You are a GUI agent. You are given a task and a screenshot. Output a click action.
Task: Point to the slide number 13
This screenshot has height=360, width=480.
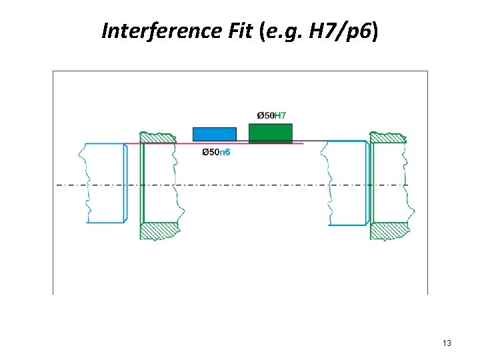pyautogui.click(x=447, y=343)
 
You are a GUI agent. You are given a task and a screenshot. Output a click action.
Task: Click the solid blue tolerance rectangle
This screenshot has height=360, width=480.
pyautogui.click(x=214, y=134)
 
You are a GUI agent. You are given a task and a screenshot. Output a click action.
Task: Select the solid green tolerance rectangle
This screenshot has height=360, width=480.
pyautogui.click(x=270, y=133)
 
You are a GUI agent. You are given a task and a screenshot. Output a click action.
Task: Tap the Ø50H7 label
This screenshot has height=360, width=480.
pyautogui.click(x=271, y=116)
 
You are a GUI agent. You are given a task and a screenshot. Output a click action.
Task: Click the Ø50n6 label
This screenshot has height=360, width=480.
pyautogui.click(x=216, y=153)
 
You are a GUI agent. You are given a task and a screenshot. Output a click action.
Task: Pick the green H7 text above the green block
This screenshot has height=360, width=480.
pyautogui.click(x=280, y=116)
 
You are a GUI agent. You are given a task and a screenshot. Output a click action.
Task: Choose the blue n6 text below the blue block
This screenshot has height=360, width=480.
pyautogui.click(x=225, y=153)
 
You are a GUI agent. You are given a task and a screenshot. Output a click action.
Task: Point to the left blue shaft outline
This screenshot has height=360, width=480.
pyautogui.click(x=105, y=183)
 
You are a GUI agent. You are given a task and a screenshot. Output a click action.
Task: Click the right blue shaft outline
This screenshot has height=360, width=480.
pyautogui.click(x=347, y=183)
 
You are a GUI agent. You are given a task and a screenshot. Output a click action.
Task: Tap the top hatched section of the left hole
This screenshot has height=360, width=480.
pyautogui.click(x=159, y=137)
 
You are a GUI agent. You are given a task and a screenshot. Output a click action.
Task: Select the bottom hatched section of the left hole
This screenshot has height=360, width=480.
pyautogui.click(x=159, y=231)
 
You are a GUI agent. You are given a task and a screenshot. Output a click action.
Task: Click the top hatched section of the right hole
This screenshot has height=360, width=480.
pyautogui.click(x=388, y=137)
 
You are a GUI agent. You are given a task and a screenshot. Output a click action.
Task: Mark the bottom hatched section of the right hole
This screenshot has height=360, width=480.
pyautogui.click(x=388, y=231)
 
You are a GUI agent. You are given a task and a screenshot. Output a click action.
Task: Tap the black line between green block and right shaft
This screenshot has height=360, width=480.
pyautogui.click(x=310, y=141)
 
